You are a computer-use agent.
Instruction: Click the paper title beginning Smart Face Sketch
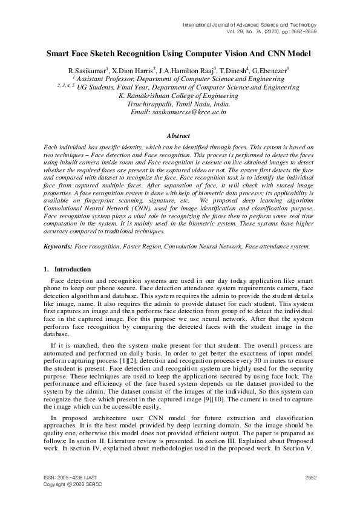(180, 54)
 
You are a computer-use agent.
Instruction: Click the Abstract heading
(180, 137)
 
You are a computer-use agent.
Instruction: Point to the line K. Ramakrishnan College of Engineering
(179, 96)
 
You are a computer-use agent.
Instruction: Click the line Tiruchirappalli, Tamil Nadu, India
(179, 104)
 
